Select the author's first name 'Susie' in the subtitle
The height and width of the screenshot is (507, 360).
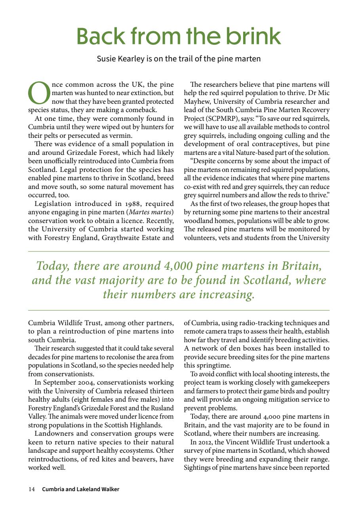coord(107,59)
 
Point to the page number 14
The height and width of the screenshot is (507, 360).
coord(32,489)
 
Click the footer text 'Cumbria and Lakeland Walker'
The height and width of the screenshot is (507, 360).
coord(81,489)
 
